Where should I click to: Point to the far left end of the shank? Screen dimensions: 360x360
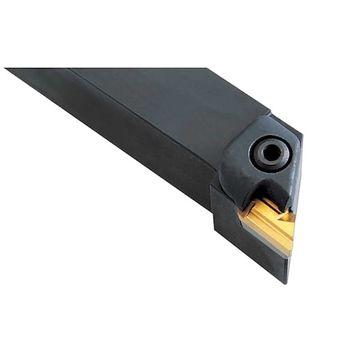tap(10, 70)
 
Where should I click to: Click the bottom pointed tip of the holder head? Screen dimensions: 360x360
tap(285, 281)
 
